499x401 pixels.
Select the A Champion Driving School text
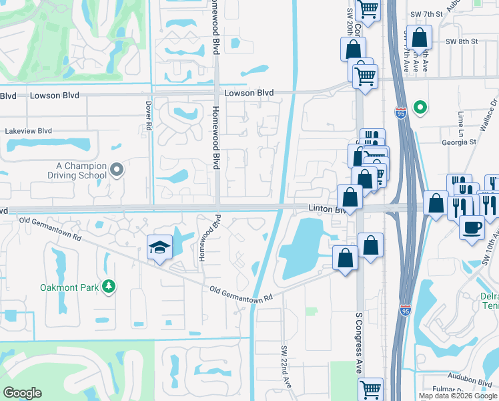click(81, 170)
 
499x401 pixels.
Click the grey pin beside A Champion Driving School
click(117, 170)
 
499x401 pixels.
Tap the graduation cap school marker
click(160, 248)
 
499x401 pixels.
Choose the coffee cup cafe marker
click(472, 227)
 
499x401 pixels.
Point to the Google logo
click(22, 393)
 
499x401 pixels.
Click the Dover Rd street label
click(148, 116)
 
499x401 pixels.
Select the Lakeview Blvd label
click(28, 132)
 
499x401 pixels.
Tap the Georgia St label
click(460, 142)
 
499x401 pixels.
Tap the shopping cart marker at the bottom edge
click(370, 389)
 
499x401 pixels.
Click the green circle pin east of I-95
click(420, 107)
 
